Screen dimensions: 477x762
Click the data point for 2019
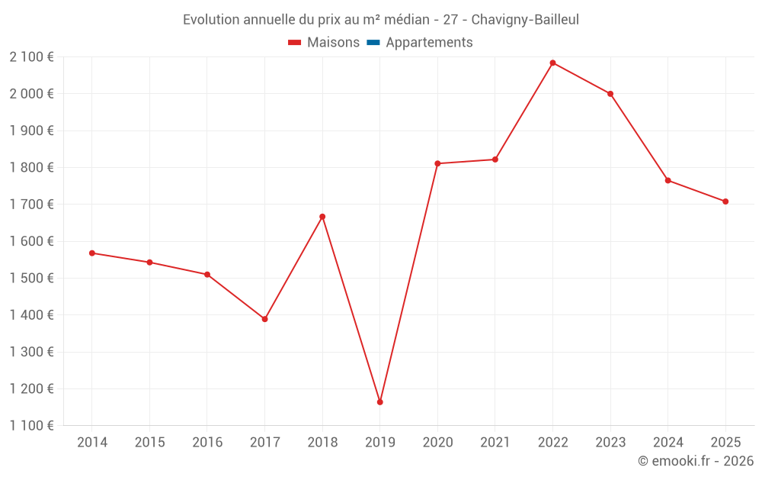(x=379, y=401)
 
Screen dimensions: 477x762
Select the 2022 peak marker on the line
(x=552, y=63)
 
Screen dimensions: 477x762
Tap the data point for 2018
(x=322, y=217)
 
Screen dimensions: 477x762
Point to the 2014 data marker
(x=91, y=253)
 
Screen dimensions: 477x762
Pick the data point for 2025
(x=725, y=201)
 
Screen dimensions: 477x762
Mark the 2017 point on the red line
(x=264, y=319)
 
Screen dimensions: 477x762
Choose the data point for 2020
(x=437, y=163)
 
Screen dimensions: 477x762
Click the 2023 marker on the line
(x=610, y=94)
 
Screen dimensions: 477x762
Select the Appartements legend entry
(x=429, y=43)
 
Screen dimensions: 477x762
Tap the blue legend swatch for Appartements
(x=373, y=43)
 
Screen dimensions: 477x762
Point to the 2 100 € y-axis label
(x=31, y=56)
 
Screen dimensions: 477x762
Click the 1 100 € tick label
(x=31, y=426)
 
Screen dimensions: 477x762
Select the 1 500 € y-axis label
(x=31, y=278)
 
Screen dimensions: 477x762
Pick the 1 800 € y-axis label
(x=31, y=167)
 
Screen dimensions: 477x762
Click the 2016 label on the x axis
(x=207, y=443)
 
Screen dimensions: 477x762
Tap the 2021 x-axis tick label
(x=495, y=443)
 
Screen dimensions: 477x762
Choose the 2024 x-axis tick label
(x=668, y=443)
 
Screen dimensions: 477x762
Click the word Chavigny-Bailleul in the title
(x=526, y=20)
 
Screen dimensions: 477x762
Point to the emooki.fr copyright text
(x=696, y=461)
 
